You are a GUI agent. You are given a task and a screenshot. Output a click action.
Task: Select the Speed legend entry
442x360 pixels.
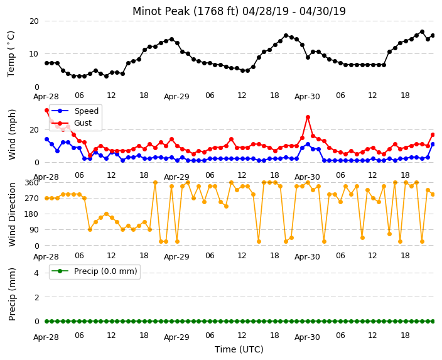(x=75, y=111)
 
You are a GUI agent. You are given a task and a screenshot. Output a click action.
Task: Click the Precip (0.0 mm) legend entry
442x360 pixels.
(x=94, y=271)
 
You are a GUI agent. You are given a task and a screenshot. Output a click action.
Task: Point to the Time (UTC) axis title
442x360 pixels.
(x=239, y=349)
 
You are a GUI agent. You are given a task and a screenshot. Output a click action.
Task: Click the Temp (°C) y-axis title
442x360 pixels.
(x=11, y=54)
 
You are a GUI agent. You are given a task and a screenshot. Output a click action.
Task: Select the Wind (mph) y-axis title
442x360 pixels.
(x=12, y=134)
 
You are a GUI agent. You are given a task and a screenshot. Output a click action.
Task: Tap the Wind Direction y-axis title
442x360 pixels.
(x=12, y=214)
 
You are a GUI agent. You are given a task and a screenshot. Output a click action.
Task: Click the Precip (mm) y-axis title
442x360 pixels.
(x=12, y=294)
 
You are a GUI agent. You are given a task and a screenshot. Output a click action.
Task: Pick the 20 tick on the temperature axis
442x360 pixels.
(x=34, y=21)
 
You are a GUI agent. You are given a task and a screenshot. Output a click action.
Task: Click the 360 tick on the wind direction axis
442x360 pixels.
(x=31, y=183)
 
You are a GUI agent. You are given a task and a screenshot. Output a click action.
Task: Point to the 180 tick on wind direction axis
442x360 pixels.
(x=31, y=214)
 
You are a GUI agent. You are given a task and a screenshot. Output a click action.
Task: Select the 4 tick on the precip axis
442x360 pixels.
(x=36, y=273)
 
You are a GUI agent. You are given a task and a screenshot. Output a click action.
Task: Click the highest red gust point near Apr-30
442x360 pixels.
(x=308, y=117)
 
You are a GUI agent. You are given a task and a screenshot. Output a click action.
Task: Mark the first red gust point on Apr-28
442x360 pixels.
(x=47, y=111)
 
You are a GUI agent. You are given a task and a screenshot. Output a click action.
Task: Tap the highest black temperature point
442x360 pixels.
(x=422, y=32)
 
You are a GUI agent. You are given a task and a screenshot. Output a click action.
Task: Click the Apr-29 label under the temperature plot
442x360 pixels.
(x=176, y=97)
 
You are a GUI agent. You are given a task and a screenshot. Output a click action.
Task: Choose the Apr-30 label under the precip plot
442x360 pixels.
(x=307, y=337)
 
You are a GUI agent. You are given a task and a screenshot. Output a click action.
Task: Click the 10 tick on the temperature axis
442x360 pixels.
(x=34, y=53)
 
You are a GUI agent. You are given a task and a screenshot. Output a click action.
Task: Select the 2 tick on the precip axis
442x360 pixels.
(x=36, y=297)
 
